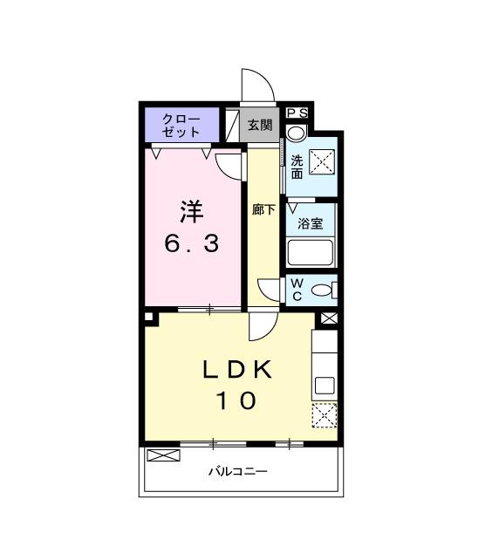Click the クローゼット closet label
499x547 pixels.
pos(181,125)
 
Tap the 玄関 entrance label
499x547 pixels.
pos(259,126)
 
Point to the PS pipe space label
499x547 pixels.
pos(297,113)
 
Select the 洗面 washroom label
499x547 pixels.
pos(297,167)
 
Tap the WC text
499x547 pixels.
pos(297,291)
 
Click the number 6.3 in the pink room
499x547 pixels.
pos(191,243)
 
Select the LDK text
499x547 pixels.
pos(237,370)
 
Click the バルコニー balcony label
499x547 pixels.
pos(237,472)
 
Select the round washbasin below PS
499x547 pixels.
pos(296,133)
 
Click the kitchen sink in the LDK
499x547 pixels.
pos(324,386)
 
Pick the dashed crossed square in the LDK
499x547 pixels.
pos(325,417)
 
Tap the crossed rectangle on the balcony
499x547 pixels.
pos(161,455)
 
